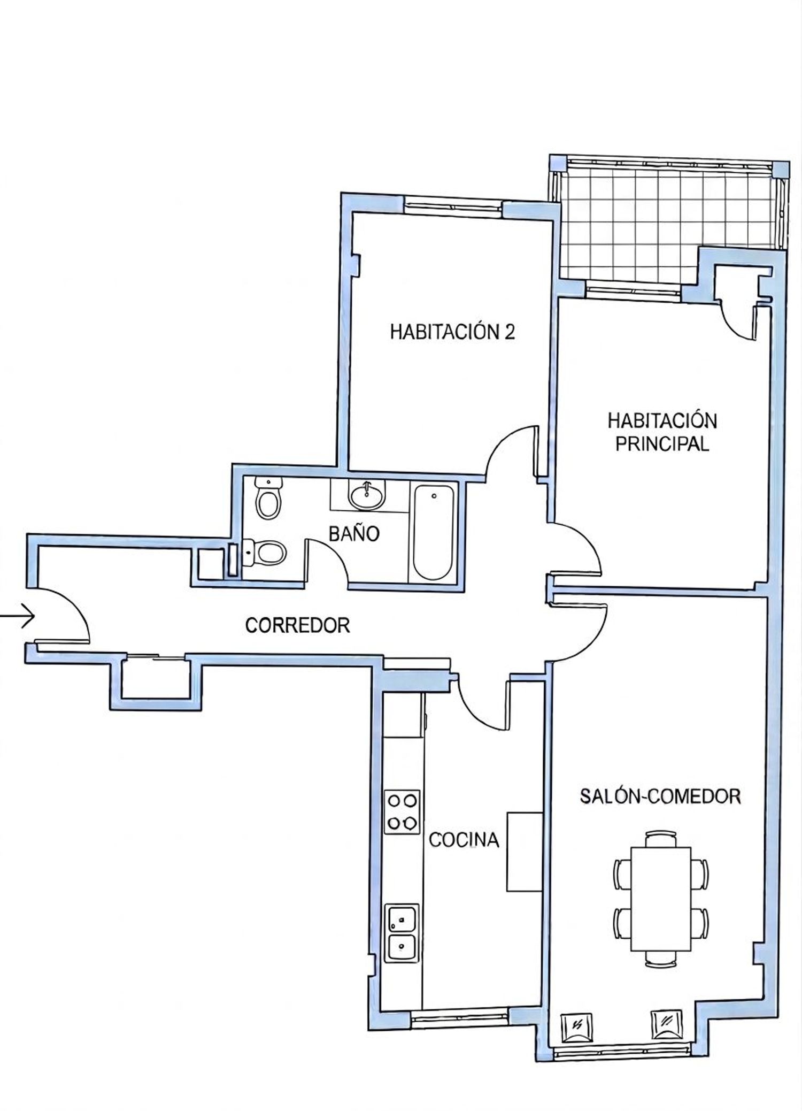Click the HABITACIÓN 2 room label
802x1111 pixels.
click(x=452, y=332)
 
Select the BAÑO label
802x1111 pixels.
click(x=354, y=533)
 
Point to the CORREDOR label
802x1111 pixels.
click(x=297, y=625)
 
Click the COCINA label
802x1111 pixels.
click(x=464, y=840)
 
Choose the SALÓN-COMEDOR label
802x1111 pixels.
click(x=660, y=796)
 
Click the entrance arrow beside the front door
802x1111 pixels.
click(x=17, y=617)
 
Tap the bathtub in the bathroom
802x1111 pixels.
click(x=434, y=532)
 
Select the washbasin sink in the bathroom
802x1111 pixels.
click(x=367, y=495)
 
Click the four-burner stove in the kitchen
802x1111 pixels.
click(x=403, y=811)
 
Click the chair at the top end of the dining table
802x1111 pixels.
click(x=661, y=839)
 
